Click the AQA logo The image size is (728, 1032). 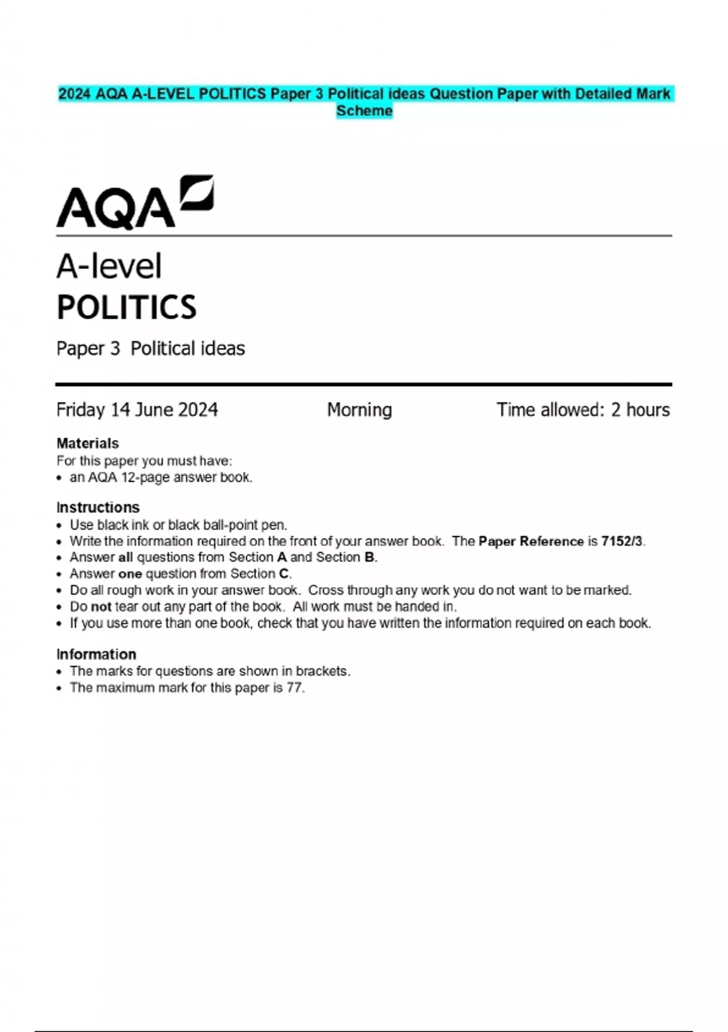click(x=135, y=203)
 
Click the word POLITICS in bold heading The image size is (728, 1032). click(x=126, y=307)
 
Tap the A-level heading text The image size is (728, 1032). click(x=109, y=266)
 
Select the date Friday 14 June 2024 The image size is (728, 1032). click(x=137, y=410)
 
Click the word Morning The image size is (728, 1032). click(x=359, y=410)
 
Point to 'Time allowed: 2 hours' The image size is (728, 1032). click(x=583, y=410)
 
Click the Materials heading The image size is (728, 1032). click(x=87, y=443)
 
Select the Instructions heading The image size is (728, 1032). click(x=98, y=507)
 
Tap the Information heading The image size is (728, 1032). click(x=96, y=654)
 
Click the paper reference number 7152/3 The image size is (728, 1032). click(x=622, y=541)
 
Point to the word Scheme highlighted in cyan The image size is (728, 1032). click(x=364, y=111)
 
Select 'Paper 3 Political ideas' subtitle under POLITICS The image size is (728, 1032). click(x=150, y=348)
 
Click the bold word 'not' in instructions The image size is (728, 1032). click(x=101, y=606)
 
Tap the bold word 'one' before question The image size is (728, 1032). click(x=130, y=574)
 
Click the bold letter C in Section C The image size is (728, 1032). click(x=283, y=574)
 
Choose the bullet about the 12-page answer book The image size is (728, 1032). click(x=161, y=477)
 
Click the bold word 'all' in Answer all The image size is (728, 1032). click(x=125, y=557)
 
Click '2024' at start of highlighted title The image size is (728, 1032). click(x=74, y=94)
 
